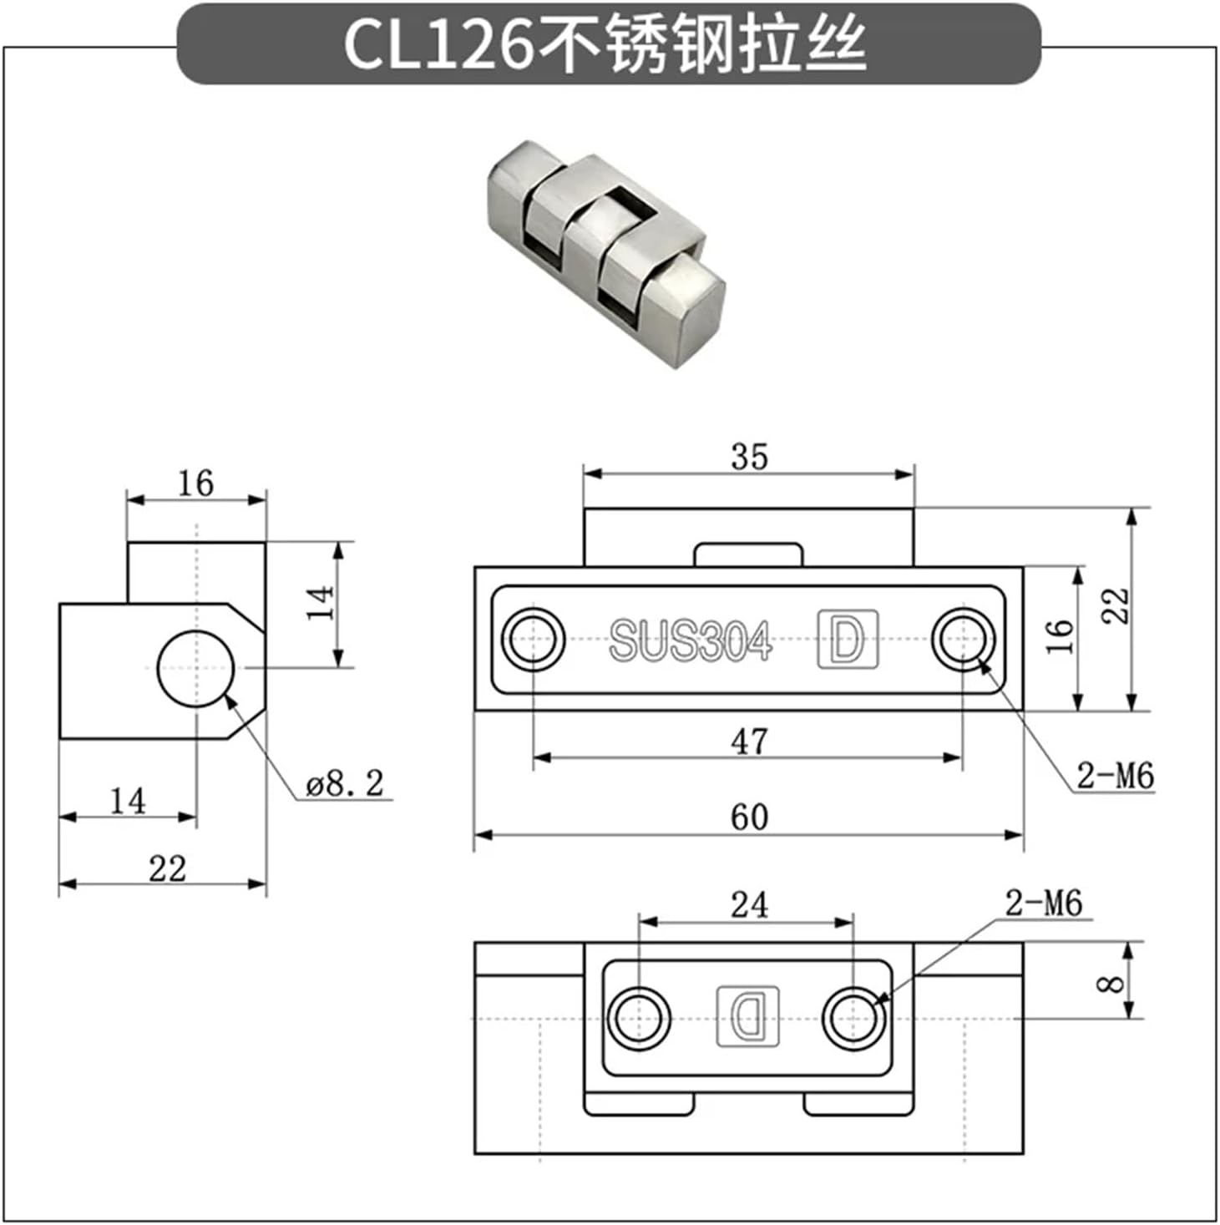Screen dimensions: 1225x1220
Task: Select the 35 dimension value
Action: (748, 457)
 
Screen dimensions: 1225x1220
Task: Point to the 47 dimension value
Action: (748, 742)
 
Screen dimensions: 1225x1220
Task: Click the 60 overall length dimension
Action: (748, 818)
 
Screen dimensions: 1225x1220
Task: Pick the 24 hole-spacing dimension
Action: (748, 905)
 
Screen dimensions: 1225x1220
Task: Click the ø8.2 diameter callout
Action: (345, 784)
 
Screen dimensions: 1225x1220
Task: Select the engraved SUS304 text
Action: (690, 641)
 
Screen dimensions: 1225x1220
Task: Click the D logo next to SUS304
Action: (848, 640)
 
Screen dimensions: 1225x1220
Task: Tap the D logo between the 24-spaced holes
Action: (748, 1016)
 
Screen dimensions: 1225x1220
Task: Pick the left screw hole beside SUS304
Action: (533, 640)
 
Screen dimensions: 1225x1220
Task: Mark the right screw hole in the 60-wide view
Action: (963, 640)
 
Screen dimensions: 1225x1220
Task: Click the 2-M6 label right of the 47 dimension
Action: (1115, 776)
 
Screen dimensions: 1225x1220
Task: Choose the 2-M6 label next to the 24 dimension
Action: (1043, 904)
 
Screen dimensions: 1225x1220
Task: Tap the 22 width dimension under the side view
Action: (167, 869)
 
